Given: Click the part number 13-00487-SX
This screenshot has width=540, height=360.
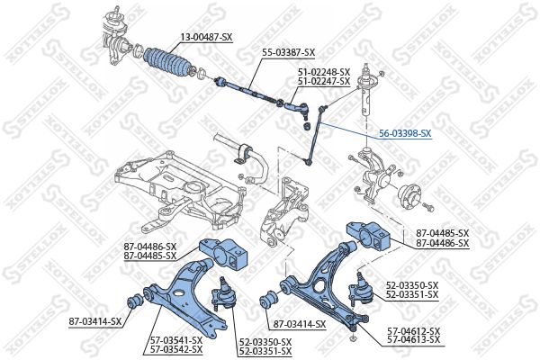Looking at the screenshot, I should (206, 36).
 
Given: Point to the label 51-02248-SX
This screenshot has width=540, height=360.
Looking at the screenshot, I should (325, 72).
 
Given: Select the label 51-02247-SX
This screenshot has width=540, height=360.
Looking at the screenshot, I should (325, 81).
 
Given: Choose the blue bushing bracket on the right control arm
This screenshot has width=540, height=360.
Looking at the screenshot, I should (371, 236).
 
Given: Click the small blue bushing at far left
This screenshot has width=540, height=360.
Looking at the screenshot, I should (135, 299).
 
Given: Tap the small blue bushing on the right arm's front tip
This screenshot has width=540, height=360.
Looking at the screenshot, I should (267, 301).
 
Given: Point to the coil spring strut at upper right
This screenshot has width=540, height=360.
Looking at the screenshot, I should (367, 94).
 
